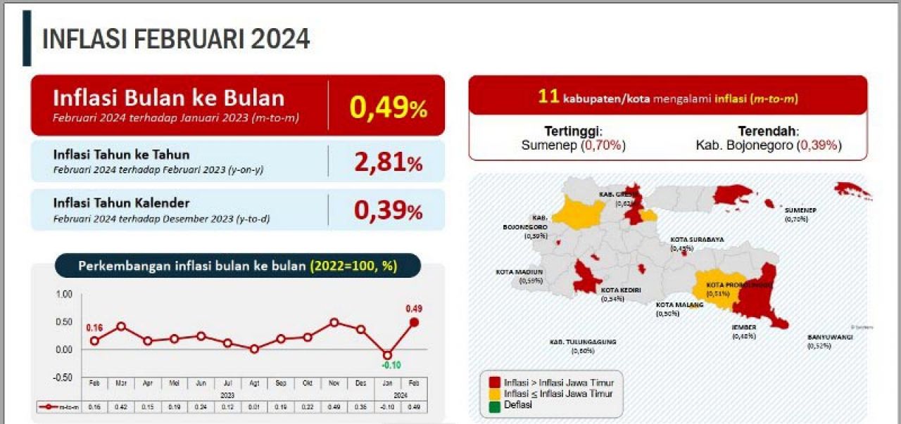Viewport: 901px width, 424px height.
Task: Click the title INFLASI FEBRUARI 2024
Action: point(176,39)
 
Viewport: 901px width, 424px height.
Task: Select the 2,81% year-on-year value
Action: point(388,162)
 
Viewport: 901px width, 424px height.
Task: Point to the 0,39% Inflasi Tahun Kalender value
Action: point(388,210)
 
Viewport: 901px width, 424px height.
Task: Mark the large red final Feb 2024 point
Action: point(414,322)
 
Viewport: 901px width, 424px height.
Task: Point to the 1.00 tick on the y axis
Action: point(63,295)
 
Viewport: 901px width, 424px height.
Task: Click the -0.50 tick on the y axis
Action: point(63,377)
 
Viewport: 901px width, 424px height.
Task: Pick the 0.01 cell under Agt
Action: point(254,406)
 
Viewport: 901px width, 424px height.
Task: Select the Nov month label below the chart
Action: point(334,383)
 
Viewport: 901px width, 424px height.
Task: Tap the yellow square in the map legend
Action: point(495,394)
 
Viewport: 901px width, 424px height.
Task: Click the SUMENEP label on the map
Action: point(800,210)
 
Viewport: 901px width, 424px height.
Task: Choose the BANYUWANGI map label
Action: point(830,337)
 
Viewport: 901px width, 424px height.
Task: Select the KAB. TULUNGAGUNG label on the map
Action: point(582,342)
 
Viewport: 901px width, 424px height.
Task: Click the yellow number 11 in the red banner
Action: point(548,98)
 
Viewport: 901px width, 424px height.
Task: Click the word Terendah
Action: point(768,131)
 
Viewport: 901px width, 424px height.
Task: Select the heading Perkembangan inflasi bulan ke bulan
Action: point(192,266)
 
